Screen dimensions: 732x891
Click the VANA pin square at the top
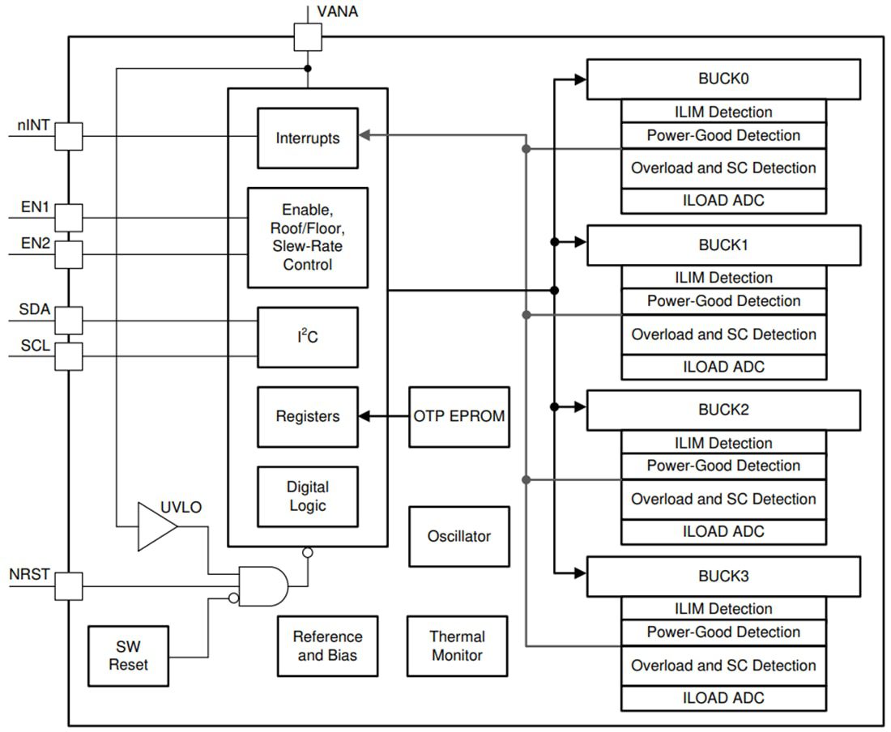point(307,36)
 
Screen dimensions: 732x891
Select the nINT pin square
point(69,136)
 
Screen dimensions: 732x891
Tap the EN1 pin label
point(35,207)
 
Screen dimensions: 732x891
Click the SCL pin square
point(69,355)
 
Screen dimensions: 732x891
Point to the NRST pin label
point(30,575)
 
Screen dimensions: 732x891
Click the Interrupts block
point(307,138)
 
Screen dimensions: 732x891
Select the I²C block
point(307,337)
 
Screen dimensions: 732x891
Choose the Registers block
point(307,416)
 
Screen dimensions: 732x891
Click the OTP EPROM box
point(458,416)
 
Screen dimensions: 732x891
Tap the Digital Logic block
point(307,496)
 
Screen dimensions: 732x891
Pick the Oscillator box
point(458,536)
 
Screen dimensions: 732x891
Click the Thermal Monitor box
point(457,645)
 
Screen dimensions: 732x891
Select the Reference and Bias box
point(327,645)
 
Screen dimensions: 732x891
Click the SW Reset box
point(128,655)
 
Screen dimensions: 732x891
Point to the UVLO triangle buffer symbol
point(156,526)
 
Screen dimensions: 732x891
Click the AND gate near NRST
point(262,586)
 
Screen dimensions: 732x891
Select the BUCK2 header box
point(723,410)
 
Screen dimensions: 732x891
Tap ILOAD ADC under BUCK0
point(723,201)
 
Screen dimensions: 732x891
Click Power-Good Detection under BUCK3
point(723,632)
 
